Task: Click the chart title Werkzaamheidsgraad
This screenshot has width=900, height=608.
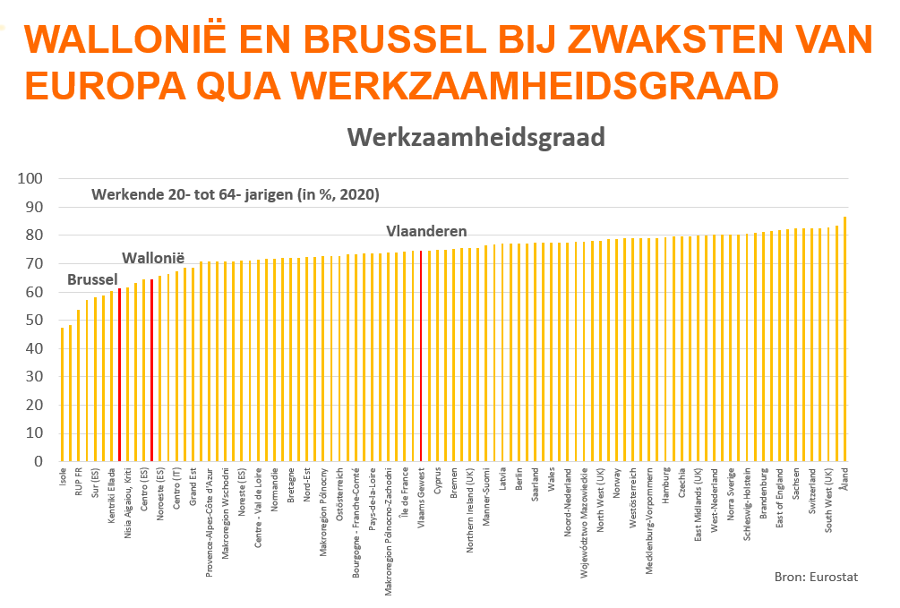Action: (476, 137)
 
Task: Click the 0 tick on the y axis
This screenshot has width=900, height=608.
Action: (39, 462)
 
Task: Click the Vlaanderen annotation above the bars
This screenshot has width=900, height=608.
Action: (426, 231)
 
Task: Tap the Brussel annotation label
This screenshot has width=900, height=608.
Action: (92, 280)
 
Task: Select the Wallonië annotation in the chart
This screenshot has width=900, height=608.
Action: (153, 258)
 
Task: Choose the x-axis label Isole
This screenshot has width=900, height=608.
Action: (63, 478)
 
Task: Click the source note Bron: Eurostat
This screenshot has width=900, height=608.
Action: (815, 577)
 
